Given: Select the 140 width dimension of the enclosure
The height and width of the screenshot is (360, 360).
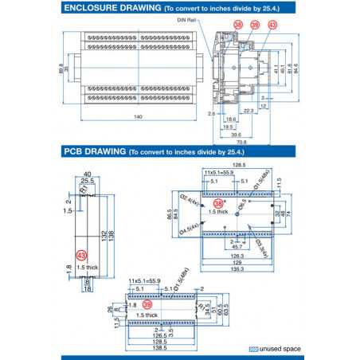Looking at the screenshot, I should pyautogui.click(x=138, y=118).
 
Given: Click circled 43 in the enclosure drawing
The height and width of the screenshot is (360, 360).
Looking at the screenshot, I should pyautogui.click(x=272, y=25).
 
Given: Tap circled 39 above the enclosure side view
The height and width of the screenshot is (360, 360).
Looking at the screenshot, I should pyautogui.click(x=255, y=25).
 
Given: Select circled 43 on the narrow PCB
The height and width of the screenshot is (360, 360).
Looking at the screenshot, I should pyautogui.click(x=81, y=255).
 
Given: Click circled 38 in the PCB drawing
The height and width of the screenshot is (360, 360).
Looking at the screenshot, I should pyautogui.click(x=217, y=204).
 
